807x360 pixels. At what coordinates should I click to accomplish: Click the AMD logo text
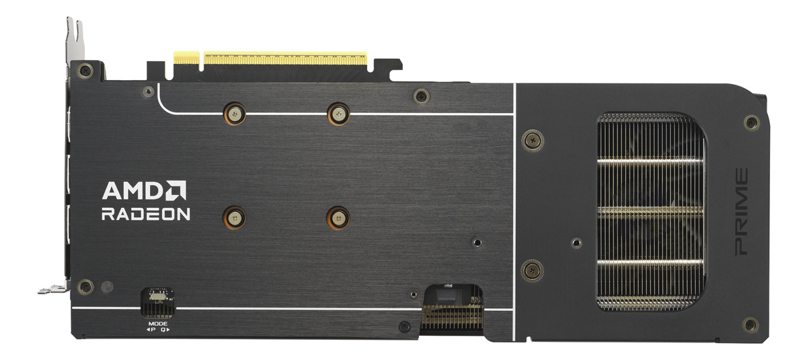[134, 190]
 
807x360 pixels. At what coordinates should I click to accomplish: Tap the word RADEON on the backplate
[145, 214]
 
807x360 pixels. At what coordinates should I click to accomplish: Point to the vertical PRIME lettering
[741, 212]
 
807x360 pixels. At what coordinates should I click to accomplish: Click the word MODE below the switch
[158, 324]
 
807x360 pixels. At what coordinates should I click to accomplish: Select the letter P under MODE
[153, 330]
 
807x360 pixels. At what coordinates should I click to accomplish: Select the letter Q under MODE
[163, 330]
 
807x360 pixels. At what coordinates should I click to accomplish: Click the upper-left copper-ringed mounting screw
[235, 114]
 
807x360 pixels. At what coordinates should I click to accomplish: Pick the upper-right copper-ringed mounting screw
[338, 114]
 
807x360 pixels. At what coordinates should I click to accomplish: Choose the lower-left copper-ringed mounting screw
[234, 218]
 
